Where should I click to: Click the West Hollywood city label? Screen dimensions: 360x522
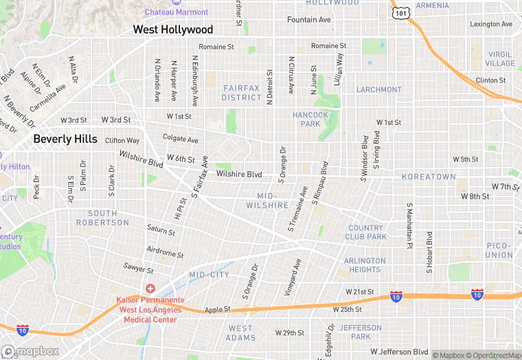(172, 30)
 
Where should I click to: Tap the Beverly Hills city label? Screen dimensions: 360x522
(65, 139)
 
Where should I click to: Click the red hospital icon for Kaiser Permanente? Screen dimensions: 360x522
(150, 289)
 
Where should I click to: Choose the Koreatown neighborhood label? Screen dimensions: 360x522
(429, 177)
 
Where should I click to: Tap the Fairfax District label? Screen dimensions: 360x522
(241, 93)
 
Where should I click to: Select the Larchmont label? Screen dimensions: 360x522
(378, 89)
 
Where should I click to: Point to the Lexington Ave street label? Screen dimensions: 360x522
(491, 24)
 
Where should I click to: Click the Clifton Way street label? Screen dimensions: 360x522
(122, 140)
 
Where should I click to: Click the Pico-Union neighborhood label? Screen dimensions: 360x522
(499, 250)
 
